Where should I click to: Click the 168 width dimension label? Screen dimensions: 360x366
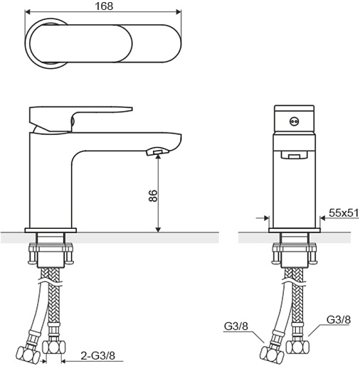pos(104,6)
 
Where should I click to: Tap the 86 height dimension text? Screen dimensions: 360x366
pos(153,195)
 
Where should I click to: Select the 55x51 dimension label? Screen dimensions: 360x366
pos(344,213)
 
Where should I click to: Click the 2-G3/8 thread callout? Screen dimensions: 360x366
pos(97,355)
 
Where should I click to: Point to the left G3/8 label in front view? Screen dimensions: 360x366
pos(235,326)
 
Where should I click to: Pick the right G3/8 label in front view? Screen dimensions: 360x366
pos(339,320)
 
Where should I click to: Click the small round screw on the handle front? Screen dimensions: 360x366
pos(294,122)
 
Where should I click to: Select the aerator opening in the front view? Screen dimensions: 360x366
pos(294,155)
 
